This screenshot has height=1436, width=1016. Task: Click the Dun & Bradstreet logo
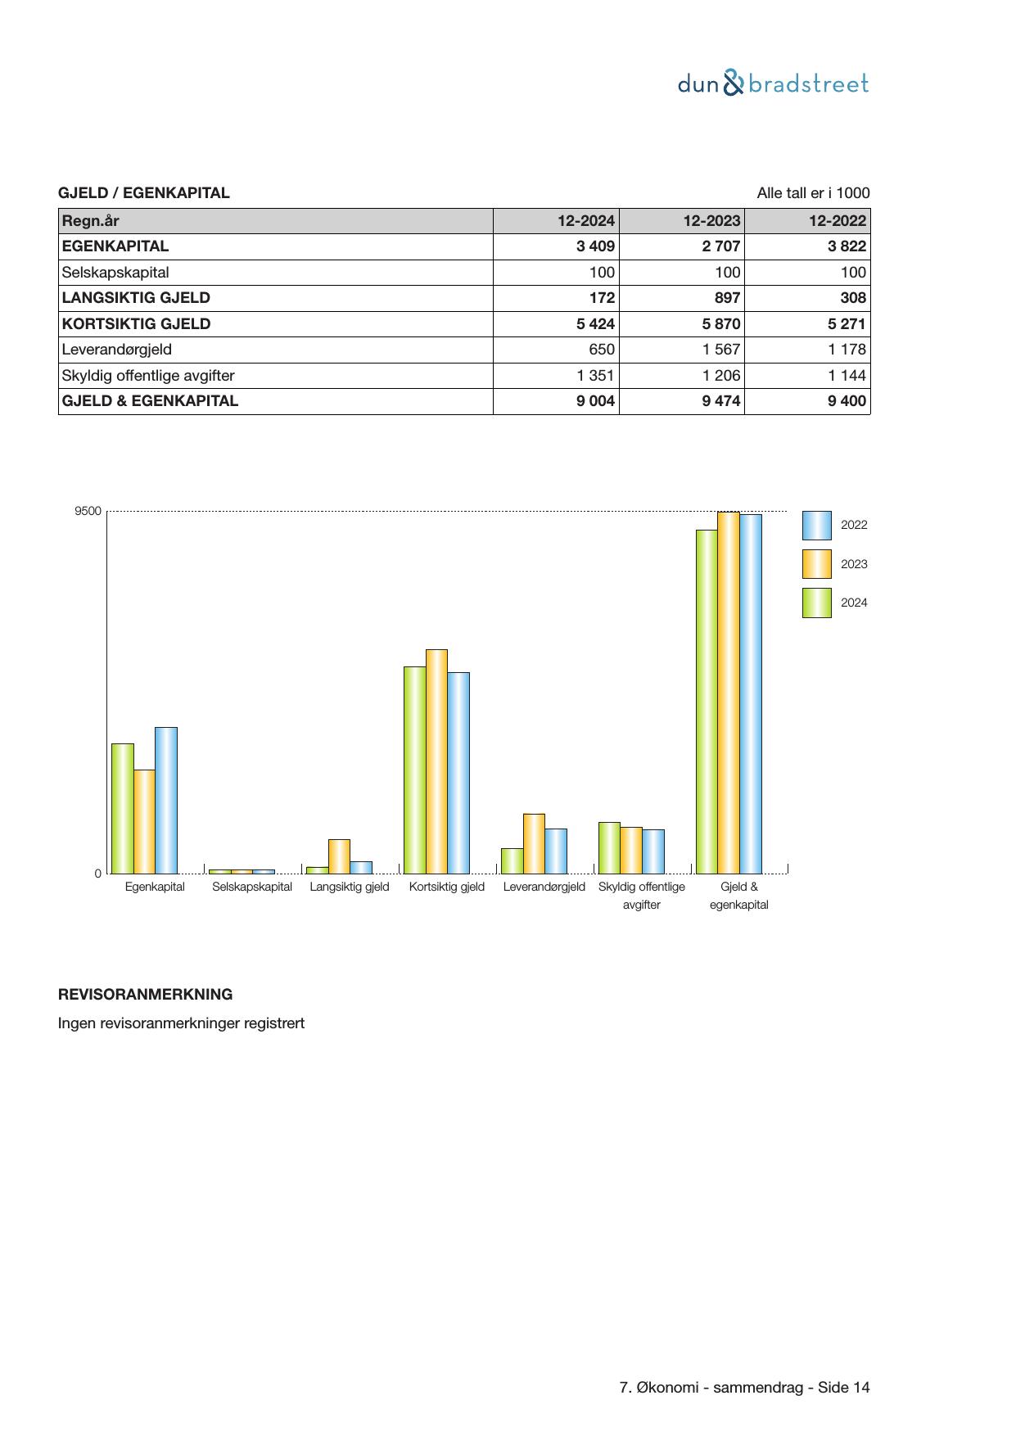(x=773, y=84)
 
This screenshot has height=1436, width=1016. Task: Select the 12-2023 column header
(x=711, y=220)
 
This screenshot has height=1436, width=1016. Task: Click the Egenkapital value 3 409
(x=595, y=246)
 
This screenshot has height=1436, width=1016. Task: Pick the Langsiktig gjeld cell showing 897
(x=726, y=298)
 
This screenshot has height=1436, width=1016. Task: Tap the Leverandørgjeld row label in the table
(x=116, y=350)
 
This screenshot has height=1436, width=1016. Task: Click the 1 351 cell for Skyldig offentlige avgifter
(x=595, y=376)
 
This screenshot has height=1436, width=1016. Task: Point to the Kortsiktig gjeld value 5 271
(x=846, y=324)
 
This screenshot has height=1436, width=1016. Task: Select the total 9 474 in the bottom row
(x=720, y=401)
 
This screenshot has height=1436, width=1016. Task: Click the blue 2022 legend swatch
(x=816, y=526)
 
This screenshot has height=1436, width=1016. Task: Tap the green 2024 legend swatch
(x=816, y=603)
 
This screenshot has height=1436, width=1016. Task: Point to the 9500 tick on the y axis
(x=88, y=512)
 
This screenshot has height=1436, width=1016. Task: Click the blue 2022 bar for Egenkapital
(x=166, y=800)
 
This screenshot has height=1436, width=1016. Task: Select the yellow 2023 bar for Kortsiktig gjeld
(x=436, y=761)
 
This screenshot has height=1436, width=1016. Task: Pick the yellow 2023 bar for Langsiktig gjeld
(x=339, y=856)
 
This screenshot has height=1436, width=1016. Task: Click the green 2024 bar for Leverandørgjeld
(x=512, y=861)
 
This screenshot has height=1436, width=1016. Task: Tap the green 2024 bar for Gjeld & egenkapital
(x=707, y=702)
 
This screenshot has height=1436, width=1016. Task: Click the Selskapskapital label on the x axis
(x=252, y=887)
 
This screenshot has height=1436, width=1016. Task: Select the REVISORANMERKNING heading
(x=145, y=995)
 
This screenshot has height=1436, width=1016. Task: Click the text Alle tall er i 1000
(x=813, y=193)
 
